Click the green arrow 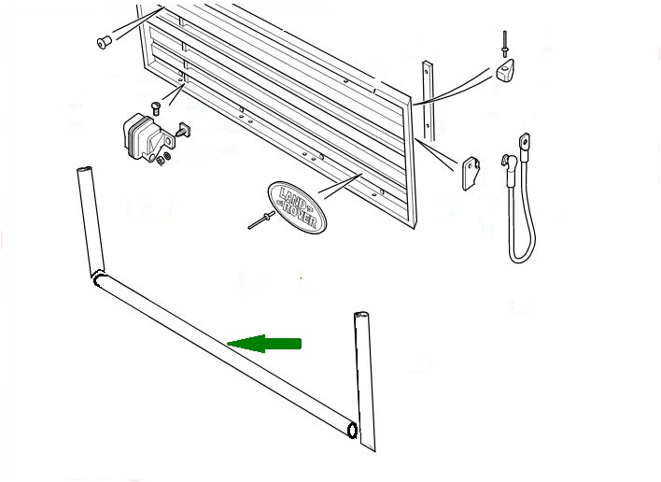click(264, 343)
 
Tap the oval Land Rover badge click(297, 207)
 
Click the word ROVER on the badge click(301, 215)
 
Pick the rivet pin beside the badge click(261, 220)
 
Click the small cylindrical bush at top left click(105, 42)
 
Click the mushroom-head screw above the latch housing click(157, 108)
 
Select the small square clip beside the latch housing click(184, 130)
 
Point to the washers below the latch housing click(162, 159)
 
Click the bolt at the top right click(504, 44)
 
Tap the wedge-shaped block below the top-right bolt click(504, 70)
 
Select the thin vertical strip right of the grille click(428, 101)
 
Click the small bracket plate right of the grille click(471, 174)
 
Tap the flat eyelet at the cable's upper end click(525, 142)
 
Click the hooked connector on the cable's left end click(509, 164)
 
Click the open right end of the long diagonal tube click(351, 430)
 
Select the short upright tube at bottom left click(91, 220)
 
